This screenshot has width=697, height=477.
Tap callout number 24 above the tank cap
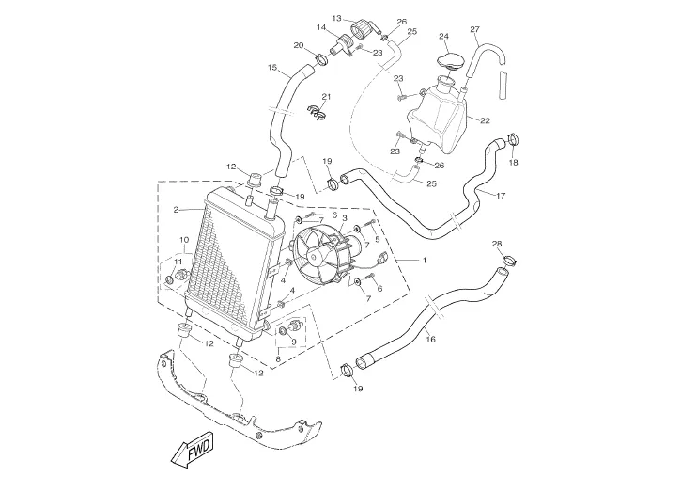[444, 37]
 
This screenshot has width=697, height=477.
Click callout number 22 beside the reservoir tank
[485, 120]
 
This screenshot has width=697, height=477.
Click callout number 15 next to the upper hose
[272, 68]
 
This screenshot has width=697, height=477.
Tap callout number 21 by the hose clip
[327, 97]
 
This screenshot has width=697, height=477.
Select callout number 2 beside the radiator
[176, 210]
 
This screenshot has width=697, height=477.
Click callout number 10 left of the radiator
[185, 241]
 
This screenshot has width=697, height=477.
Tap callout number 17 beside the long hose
[501, 196]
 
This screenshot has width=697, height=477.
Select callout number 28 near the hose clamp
[497, 245]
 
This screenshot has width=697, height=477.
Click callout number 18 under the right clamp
[513, 162]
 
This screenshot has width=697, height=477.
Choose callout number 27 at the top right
[474, 29]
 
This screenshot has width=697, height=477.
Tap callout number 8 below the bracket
[278, 358]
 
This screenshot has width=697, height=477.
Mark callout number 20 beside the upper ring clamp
[298, 45]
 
